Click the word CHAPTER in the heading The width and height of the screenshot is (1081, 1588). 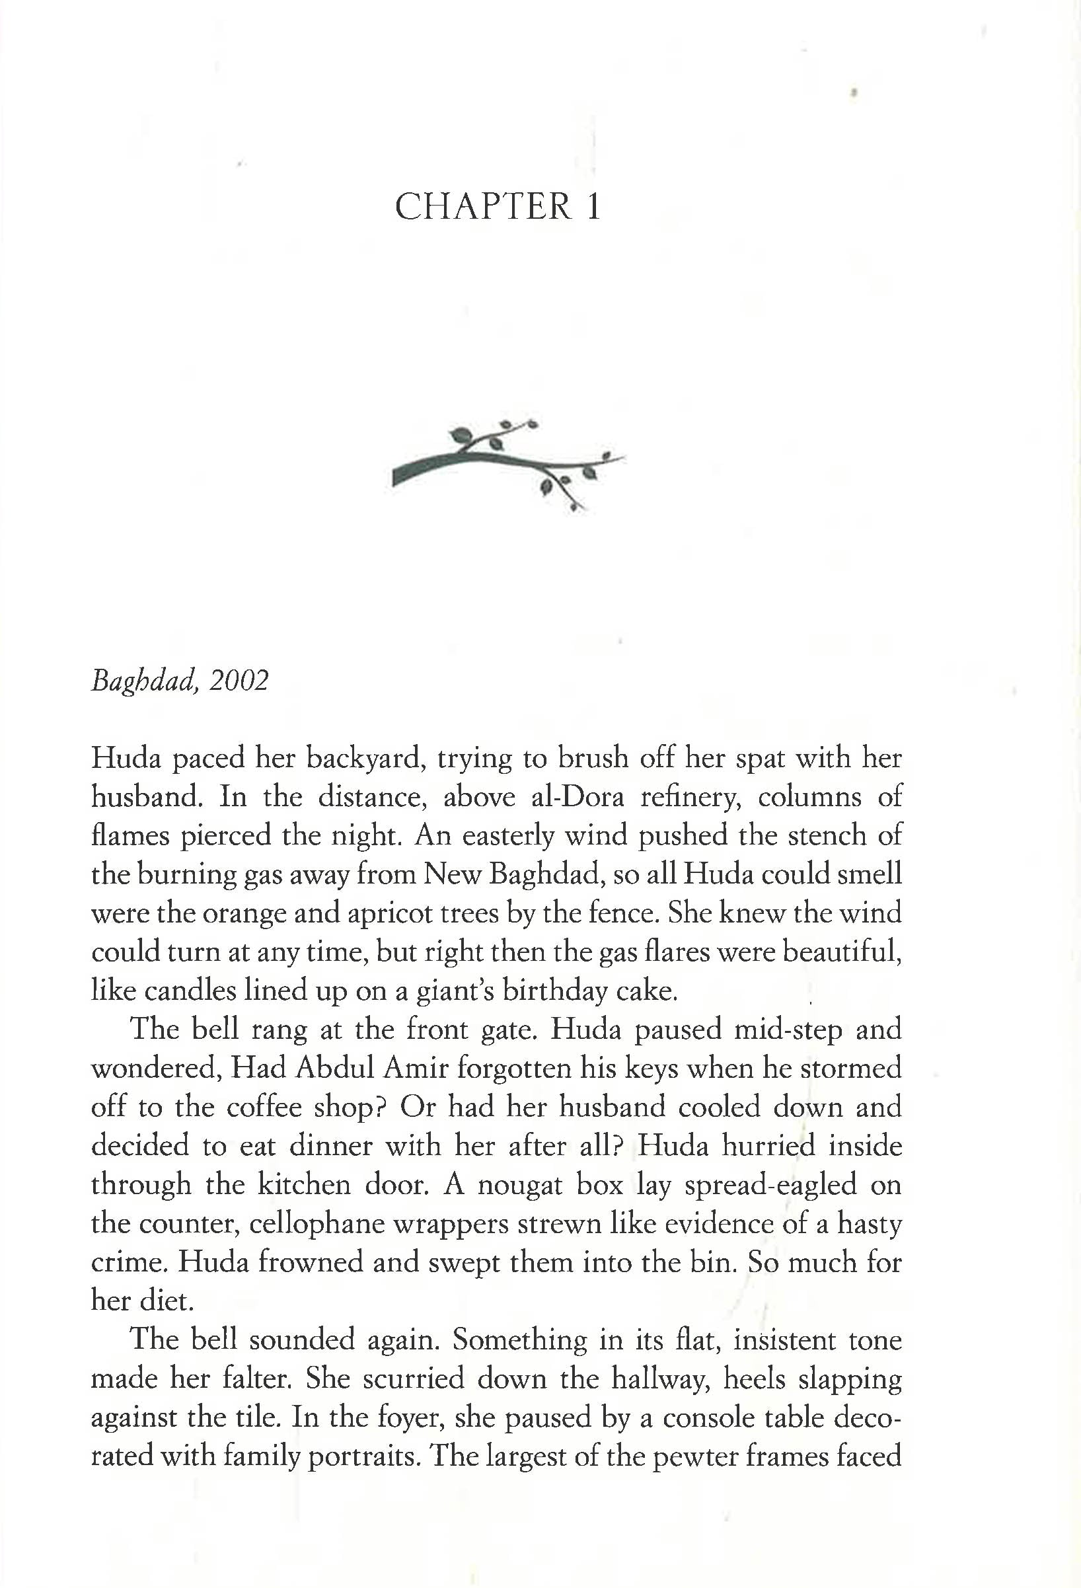pos(483,206)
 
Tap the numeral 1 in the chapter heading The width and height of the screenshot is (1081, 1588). pos(593,206)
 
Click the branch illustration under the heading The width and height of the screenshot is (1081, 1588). pos(508,464)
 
